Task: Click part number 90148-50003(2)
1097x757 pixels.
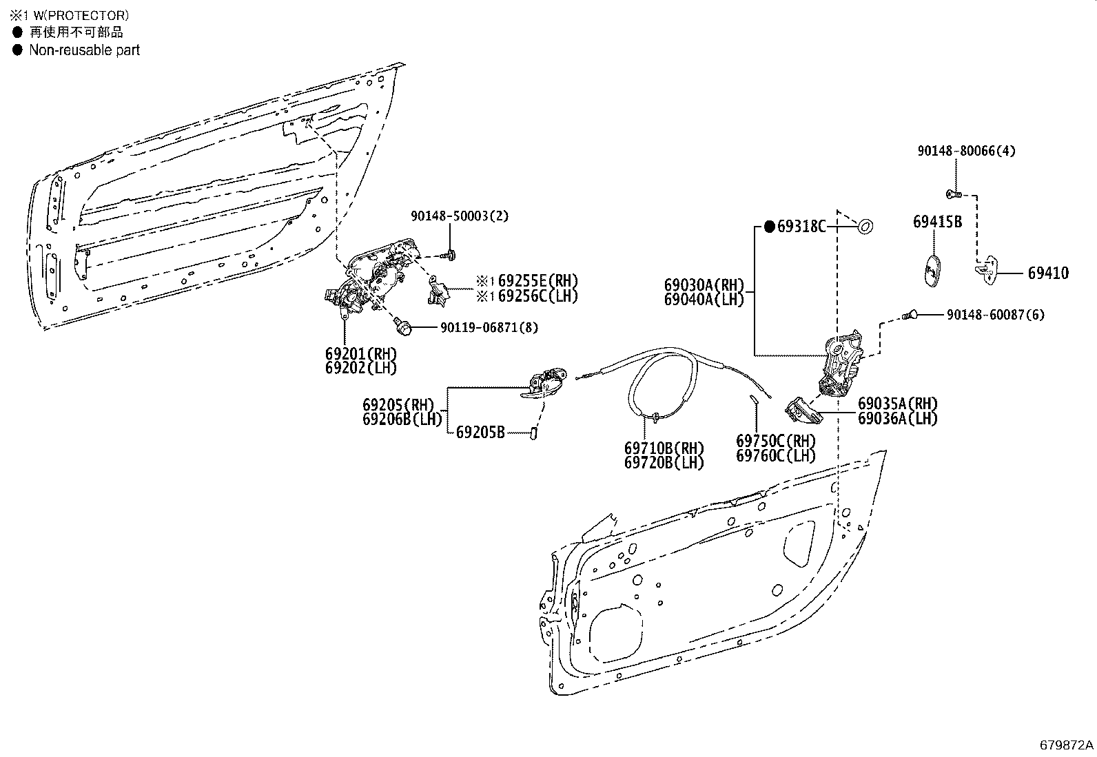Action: pos(460,216)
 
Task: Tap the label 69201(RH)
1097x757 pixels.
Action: pos(361,353)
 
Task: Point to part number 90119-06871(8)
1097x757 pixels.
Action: pos(489,328)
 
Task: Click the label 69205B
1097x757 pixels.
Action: pos(480,433)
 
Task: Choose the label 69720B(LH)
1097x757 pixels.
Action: pos(664,463)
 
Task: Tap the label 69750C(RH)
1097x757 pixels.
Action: pos(776,441)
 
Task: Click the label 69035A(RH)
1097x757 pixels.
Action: pos(897,404)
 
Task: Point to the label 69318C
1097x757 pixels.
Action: pos(801,226)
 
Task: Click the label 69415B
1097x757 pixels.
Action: pos(937,222)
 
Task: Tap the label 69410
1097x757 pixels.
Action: pos(1048,273)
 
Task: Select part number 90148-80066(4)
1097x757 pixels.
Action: pos(966,151)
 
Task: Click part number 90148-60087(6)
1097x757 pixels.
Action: pos(995,315)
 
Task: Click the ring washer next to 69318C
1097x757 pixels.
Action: pos(865,225)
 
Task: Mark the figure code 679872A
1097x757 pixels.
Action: pos(1066,745)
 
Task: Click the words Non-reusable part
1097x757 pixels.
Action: pos(84,50)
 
